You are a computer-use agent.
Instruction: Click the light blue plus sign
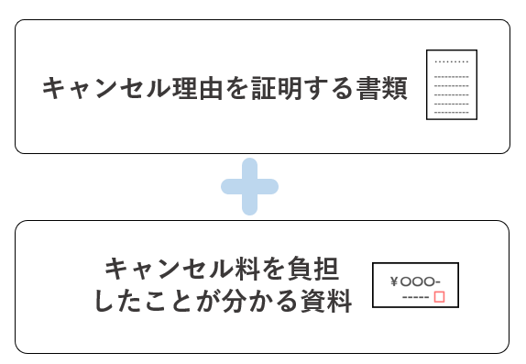tap(249, 187)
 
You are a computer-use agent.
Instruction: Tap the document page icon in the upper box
tap(451, 84)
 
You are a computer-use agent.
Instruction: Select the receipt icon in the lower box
tap(415, 286)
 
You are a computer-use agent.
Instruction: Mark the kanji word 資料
tap(327, 302)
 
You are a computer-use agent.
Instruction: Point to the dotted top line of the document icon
tap(451, 61)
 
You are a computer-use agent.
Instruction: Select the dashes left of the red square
tap(415, 297)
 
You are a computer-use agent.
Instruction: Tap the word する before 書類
tap(327, 89)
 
